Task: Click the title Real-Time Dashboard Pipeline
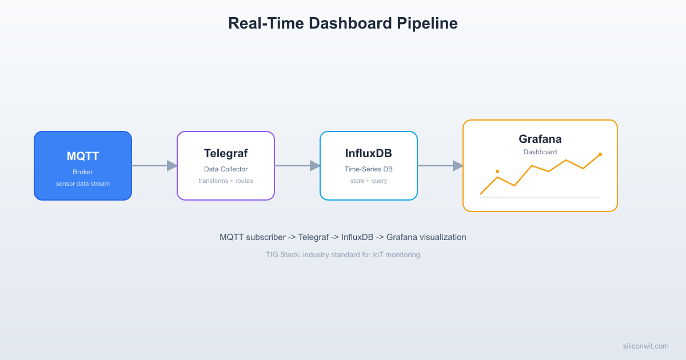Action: click(x=342, y=23)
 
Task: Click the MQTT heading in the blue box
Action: click(x=83, y=156)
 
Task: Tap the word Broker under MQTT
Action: click(x=83, y=172)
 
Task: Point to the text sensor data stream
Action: click(x=83, y=183)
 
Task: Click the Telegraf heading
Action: click(x=226, y=153)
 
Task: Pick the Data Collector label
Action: click(x=226, y=169)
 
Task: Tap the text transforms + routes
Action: click(x=226, y=181)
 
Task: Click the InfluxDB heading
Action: click(x=369, y=153)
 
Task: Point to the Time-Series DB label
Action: click(x=369, y=169)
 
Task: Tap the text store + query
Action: click(x=369, y=181)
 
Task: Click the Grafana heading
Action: click(x=540, y=139)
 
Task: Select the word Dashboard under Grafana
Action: click(x=540, y=152)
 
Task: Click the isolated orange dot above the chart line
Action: click(x=497, y=171)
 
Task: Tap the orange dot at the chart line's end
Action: click(x=600, y=154)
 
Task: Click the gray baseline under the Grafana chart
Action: click(x=540, y=197)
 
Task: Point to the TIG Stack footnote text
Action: click(x=342, y=255)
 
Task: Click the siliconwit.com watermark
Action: click(x=645, y=346)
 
